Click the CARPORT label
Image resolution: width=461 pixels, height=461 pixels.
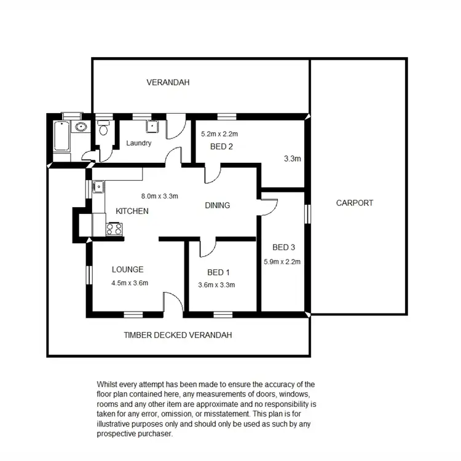point(355,203)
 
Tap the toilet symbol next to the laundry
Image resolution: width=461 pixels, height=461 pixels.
point(104,128)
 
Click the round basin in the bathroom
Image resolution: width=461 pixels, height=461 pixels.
point(79,127)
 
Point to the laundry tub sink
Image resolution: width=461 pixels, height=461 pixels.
point(152,126)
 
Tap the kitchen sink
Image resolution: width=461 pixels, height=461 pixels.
point(97,186)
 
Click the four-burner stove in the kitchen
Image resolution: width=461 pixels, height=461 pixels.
point(114,229)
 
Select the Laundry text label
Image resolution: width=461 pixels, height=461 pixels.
point(138,143)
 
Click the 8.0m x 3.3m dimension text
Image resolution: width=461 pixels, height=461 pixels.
point(159,197)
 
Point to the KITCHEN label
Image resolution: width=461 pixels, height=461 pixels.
point(132,211)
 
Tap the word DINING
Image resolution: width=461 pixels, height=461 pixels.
point(217,205)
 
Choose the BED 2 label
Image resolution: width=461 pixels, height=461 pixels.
point(221,146)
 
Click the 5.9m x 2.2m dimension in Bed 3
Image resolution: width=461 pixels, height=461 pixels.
point(282,261)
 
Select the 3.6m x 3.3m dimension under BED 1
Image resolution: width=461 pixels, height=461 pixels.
point(217,285)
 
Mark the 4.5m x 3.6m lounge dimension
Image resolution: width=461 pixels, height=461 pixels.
point(130,283)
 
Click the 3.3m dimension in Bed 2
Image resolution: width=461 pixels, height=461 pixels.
point(292,159)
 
